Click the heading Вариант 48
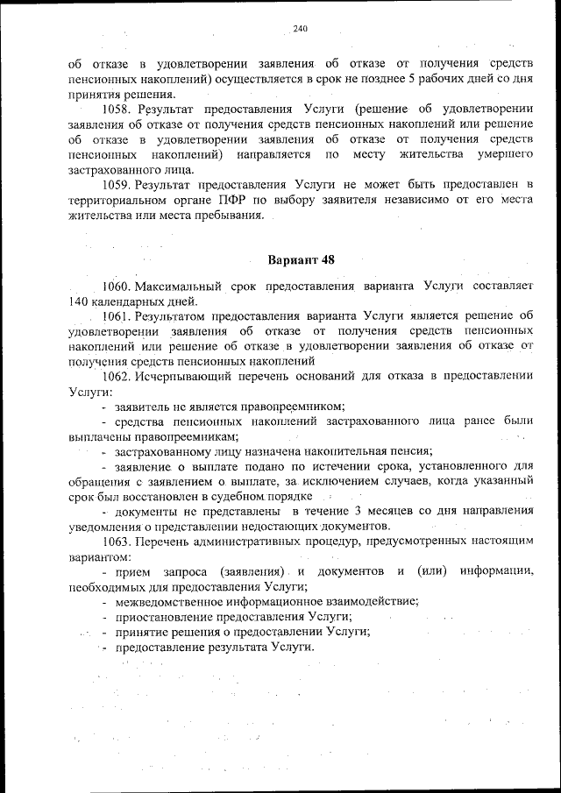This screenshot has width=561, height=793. (300, 259)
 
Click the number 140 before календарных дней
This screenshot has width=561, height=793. (78, 301)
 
